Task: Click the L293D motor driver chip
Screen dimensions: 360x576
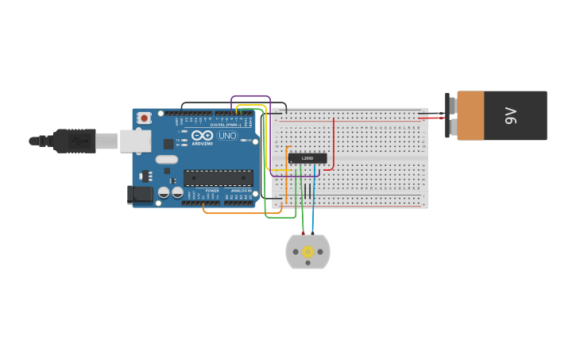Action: point(307,158)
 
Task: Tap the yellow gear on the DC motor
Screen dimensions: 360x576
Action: point(307,252)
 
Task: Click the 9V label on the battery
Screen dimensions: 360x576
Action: point(511,115)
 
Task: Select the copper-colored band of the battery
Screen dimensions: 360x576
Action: point(470,115)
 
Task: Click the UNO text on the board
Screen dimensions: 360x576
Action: point(227,135)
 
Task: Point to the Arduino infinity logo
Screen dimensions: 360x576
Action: point(203,135)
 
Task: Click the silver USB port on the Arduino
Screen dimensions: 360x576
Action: point(136,141)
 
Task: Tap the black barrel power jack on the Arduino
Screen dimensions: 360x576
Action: point(140,194)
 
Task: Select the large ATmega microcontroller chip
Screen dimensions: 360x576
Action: point(218,178)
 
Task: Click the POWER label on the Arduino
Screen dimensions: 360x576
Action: point(212,191)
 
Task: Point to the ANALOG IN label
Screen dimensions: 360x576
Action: point(241,191)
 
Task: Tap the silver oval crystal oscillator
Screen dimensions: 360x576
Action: point(167,159)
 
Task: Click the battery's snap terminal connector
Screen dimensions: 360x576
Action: point(450,115)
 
